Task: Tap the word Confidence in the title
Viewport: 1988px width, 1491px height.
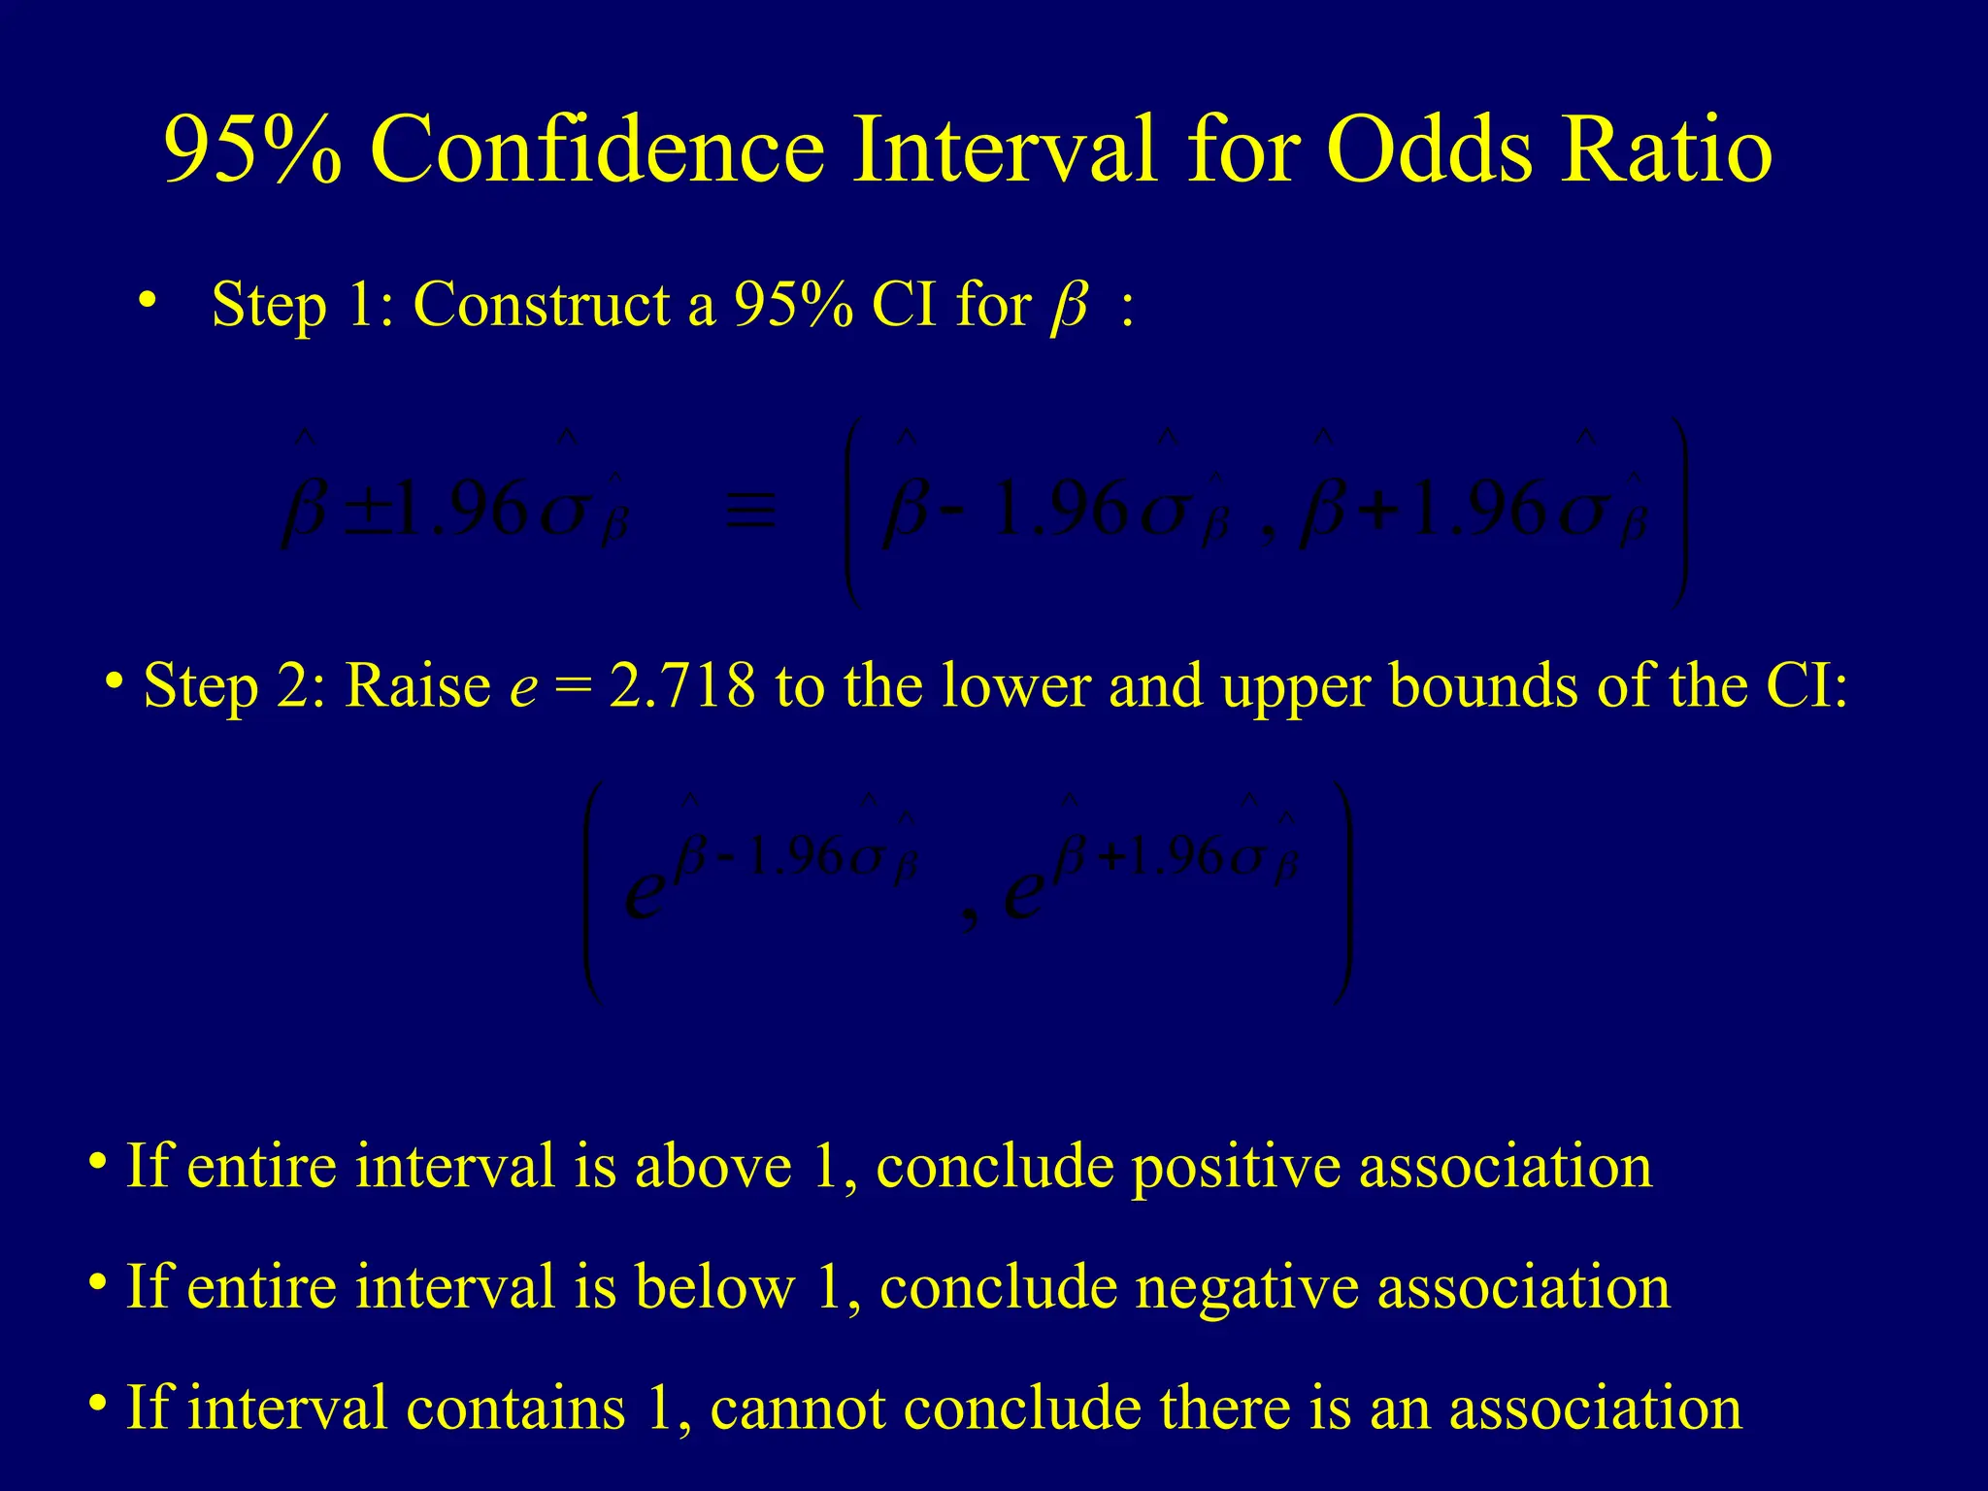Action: point(597,149)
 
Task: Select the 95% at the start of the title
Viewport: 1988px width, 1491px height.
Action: point(252,149)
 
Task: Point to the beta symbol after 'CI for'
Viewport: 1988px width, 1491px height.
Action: point(1069,309)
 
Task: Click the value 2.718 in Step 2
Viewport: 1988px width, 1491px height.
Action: point(682,685)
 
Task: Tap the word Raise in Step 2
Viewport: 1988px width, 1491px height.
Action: point(417,685)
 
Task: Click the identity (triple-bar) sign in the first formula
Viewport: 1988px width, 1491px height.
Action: point(751,511)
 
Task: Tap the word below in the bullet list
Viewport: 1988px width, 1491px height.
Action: point(714,1287)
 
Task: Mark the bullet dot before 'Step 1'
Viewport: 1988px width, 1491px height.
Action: point(147,300)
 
